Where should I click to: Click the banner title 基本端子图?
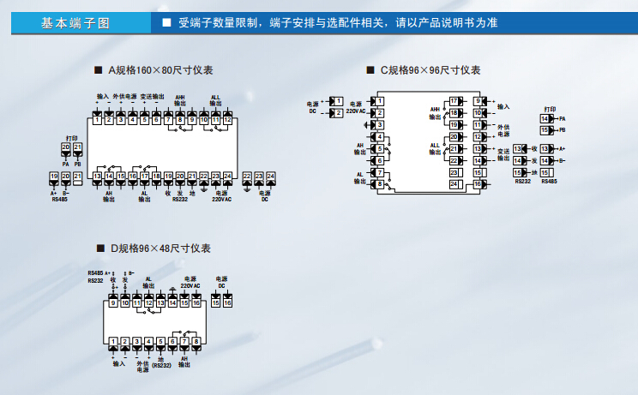pyautogui.click(x=75, y=23)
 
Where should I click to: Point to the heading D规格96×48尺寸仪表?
pyautogui.click(x=159, y=248)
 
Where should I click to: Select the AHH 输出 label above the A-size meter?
pyautogui.click(x=180, y=100)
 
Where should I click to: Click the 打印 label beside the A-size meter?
pyautogui.click(x=71, y=137)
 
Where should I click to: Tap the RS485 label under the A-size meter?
pyautogui.click(x=59, y=199)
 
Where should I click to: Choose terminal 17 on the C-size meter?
pyautogui.click(x=454, y=101)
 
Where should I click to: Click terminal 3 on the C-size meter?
pyautogui.click(x=378, y=125)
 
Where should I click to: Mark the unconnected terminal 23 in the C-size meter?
pyautogui.click(x=454, y=172)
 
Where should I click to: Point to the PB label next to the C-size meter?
pyautogui.click(x=562, y=130)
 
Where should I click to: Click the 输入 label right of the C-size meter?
pyautogui.click(x=503, y=106)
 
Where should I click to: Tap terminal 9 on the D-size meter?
pyautogui.click(x=113, y=303)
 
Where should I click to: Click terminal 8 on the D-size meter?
pyautogui.click(x=196, y=342)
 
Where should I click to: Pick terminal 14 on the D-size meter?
pyautogui.click(x=172, y=303)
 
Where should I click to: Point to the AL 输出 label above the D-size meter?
pyautogui.click(x=147, y=282)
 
